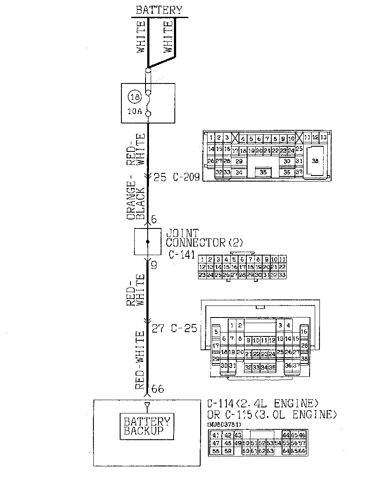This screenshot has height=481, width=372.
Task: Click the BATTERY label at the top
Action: pos(159,10)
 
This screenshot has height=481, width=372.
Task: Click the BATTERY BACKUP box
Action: pos(147,426)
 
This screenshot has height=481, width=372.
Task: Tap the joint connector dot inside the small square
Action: pos(148,242)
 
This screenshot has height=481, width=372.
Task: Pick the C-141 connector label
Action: pos(180,254)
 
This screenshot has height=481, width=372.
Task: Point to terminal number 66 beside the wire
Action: pos(158,389)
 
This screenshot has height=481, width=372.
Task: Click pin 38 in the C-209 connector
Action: pos(315,161)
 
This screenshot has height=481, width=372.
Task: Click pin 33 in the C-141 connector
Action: pos(282,274)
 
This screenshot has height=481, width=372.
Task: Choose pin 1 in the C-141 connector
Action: pos(202,259)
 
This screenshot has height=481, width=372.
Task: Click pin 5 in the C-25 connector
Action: pos(216,332)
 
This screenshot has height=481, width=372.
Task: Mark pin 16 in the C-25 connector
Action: pos(304,332)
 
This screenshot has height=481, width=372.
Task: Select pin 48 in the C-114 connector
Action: pos(228,443)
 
